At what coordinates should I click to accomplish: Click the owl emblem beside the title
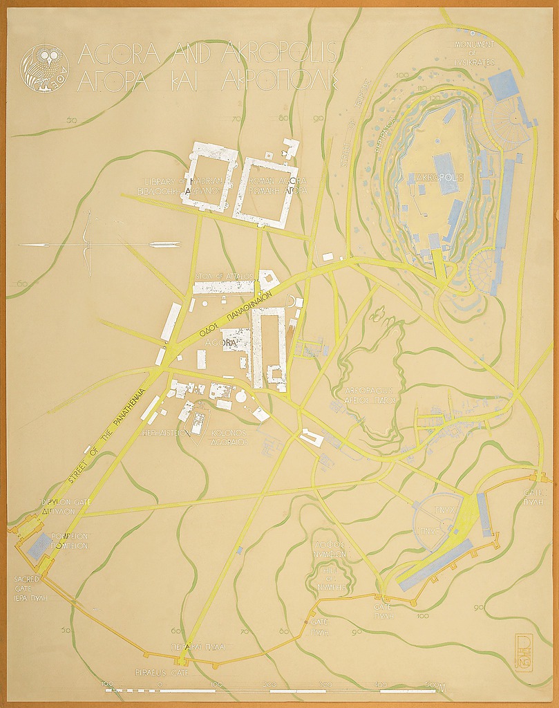45,68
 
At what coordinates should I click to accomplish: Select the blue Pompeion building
39,546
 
